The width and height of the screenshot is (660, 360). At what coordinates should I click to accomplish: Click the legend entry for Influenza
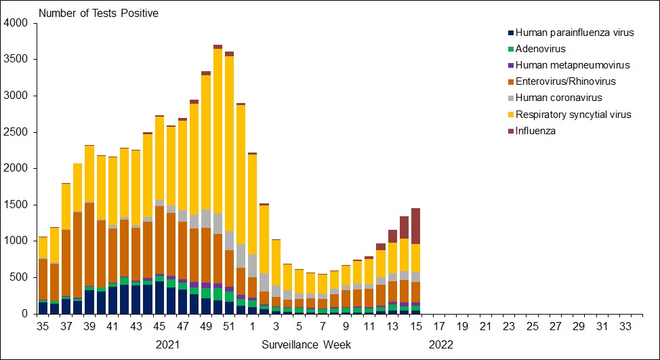pyautogui.click(x=535, y=131)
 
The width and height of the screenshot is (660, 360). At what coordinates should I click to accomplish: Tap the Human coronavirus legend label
pyautogui.click(x=558, y=98)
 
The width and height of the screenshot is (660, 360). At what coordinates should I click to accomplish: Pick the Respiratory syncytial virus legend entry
pyautogui.click(x=573, y=115)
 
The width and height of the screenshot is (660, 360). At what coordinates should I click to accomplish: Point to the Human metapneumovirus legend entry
pyautogui.click(x=573, y=65)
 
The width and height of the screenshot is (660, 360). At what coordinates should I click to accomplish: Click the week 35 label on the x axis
pyautogui.click(x=42, y=326)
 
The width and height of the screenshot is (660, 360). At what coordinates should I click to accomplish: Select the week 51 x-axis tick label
pyautogui.click(x=228, y=326)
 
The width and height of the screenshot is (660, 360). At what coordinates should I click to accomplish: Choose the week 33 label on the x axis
pyautogui.click(x=626, y=326)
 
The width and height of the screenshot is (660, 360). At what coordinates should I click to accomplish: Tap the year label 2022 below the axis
pyautogui.click(x=441, y=344)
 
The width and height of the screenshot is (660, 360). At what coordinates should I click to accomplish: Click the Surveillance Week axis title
pyautogui.click(x=306, y=344)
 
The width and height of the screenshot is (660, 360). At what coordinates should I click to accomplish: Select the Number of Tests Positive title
pyautogui.click(x=98, y=14)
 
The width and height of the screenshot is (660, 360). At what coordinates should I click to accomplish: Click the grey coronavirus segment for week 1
pyautogui.click(x=252, y=265)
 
